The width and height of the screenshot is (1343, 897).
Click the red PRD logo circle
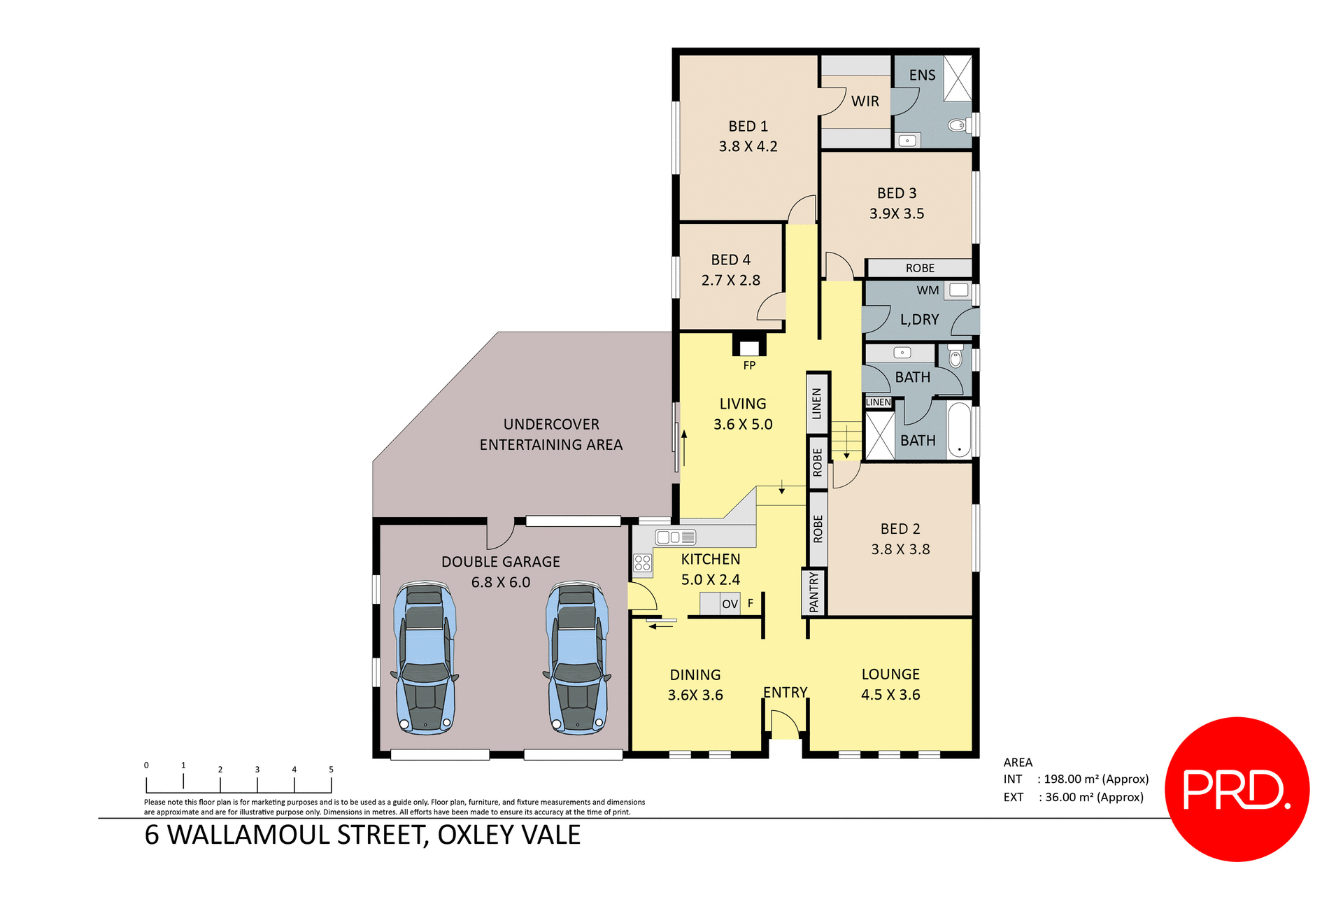click(x=1237, y=789)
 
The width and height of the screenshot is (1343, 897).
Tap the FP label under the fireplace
click(x=749, y=365)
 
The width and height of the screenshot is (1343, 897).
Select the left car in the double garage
click(x=425, y=658)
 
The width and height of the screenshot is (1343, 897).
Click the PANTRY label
click(x=813, y=593)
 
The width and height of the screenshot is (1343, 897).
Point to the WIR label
click(x=865, y=101)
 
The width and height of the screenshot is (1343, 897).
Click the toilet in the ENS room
click(x=957, y=125)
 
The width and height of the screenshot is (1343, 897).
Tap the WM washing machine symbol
click(x=958, y=290)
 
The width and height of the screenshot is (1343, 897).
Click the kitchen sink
click(x=676, y=537)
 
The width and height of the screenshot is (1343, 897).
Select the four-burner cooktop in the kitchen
click(x=643, y=563)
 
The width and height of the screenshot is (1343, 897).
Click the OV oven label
click(x=730, y=604)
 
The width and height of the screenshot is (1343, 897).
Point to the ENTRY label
click(x=785, y=692)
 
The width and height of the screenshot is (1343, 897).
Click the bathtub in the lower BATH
click(x=959, y=430)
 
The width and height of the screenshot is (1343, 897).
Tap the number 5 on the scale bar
click(x=331, y=769)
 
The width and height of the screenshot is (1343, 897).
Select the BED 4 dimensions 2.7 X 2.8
click(x=730, y=280)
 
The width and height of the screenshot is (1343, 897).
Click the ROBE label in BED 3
click(x=919, y=268)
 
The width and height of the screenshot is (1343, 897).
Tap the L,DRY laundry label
click(x=919, y=320)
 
